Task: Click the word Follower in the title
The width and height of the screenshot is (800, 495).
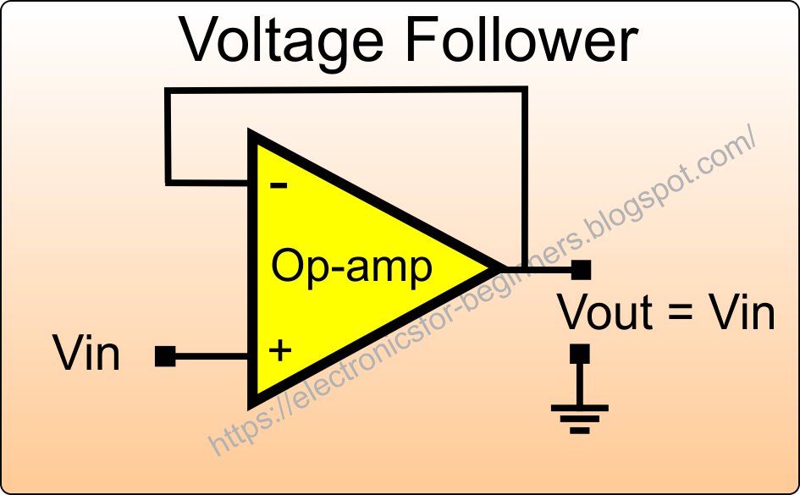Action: pyautogui.click(x=516, y=40)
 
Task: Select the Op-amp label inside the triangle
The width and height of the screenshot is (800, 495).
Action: pyautogui.click(x=351, y=267)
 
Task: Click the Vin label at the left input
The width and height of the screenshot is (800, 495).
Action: pyautogui.click(x=86, y=354)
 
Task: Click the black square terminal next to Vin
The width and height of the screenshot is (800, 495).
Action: pyautogui.click(x=165, y=356)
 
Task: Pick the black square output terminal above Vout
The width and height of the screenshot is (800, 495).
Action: pyautogui.click(x=581, y=270)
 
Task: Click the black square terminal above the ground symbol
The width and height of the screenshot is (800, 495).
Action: pyautogui.click(x=580, y=352)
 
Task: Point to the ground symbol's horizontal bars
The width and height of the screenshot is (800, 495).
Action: pyautogui.click(x=580, y=417)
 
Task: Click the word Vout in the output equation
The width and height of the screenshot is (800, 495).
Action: pyautogui.click(x=605, y=312)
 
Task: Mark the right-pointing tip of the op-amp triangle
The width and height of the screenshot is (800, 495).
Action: pyautogui.click(x=495, y=269)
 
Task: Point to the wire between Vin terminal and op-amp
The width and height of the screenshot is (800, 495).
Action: pyautogui.click(x=212, y=356)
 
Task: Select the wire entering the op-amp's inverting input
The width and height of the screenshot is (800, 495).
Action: pyautogui.click(x=208, y=181)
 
